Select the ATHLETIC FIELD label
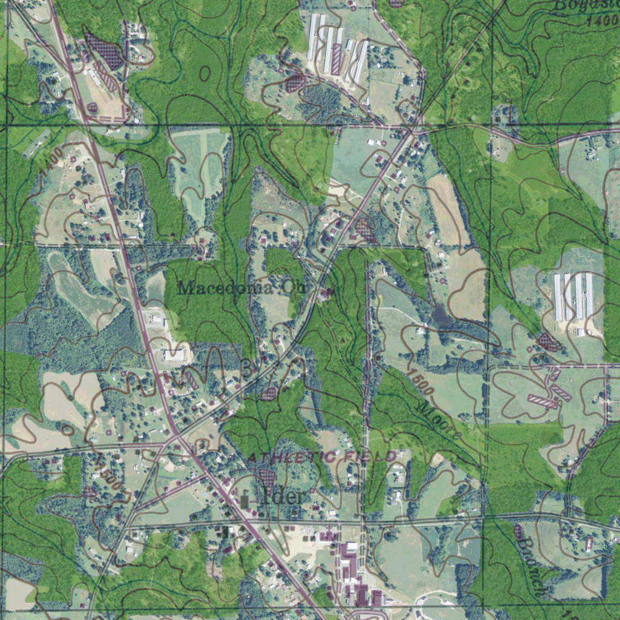[x=322, y=457]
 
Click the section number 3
[x=246, y=367]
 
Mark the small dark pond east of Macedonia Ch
[x=440, y=315]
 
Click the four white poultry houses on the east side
[x=573, y=296]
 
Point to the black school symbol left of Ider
[x=245, y=500]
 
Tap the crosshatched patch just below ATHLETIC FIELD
[x=266, y=477]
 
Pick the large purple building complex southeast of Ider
[x=357, y=575]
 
